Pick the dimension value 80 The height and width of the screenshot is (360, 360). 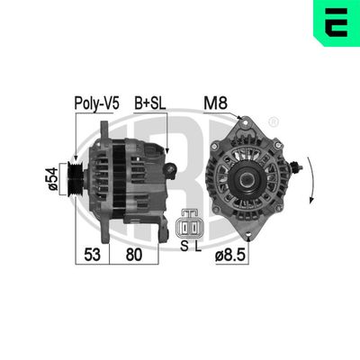pyautogui.click(x=135, y=256)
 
